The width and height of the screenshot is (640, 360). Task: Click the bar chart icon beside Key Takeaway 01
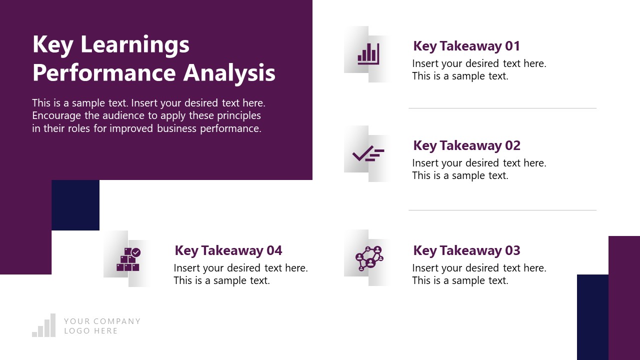pyautogui.click(x=368, y=54)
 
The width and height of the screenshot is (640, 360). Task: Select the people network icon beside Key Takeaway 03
pyautogui.click(x=369, y=257)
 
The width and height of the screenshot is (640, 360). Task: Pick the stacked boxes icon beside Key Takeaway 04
pyautogui.click(x=128, y=259)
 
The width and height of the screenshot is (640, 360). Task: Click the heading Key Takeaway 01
pyautogui.click(x=466, y=46)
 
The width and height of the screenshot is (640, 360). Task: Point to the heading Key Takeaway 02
pyautogui.click(x=466, y=145)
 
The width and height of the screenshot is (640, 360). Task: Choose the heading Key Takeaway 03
pyautogui.click(x=466, y=250)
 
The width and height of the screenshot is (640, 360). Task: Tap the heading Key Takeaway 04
pyautogui.click(x=228, y=250)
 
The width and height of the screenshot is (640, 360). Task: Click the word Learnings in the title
pyautogui.click(x=135, y=45)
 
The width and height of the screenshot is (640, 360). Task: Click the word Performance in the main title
pyautogui.click(x=104, y=72)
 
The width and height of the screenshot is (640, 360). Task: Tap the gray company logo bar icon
pyautogui.click(x=44, y=326)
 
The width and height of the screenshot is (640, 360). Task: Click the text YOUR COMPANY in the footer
pyautogui.click(x=102, y=321)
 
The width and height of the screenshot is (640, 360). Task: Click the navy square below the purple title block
pyautogui.click(x=75, y=205)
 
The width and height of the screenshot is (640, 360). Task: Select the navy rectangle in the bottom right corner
pyautogui.click(x=592, y=317)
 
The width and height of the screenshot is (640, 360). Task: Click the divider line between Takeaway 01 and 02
pyautogui.click(x=502, y=108)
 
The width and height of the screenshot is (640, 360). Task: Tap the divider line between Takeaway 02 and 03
pyautogui.click(x=502, y=210)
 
